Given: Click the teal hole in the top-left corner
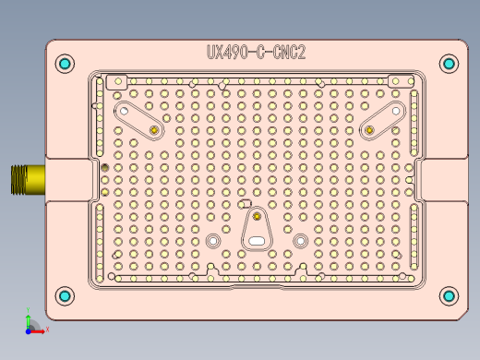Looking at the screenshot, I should click(x=64, y=64).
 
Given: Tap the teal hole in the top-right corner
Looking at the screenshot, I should click(x=449, y=64).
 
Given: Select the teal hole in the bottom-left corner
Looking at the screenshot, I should click(x=64, y=296).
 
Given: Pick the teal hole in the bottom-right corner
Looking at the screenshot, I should click(x=449, y=296).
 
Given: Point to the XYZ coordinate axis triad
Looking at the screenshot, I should click(x=32, y=324).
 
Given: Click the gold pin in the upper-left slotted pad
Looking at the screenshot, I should click(x=153, y=130).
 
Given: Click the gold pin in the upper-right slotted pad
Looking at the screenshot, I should click(x=369, y=130).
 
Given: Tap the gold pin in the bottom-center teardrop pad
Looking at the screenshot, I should click(x=256, y=217).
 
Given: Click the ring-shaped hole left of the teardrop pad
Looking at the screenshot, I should click(x=213, y=240).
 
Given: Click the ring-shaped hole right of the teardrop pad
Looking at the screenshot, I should click(x=300, y=240).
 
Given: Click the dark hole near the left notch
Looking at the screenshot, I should click(x=103, y=167).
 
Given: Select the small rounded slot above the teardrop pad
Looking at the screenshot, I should click(x=246, y=202).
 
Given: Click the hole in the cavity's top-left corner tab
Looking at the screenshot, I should click(x=116, y=82).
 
